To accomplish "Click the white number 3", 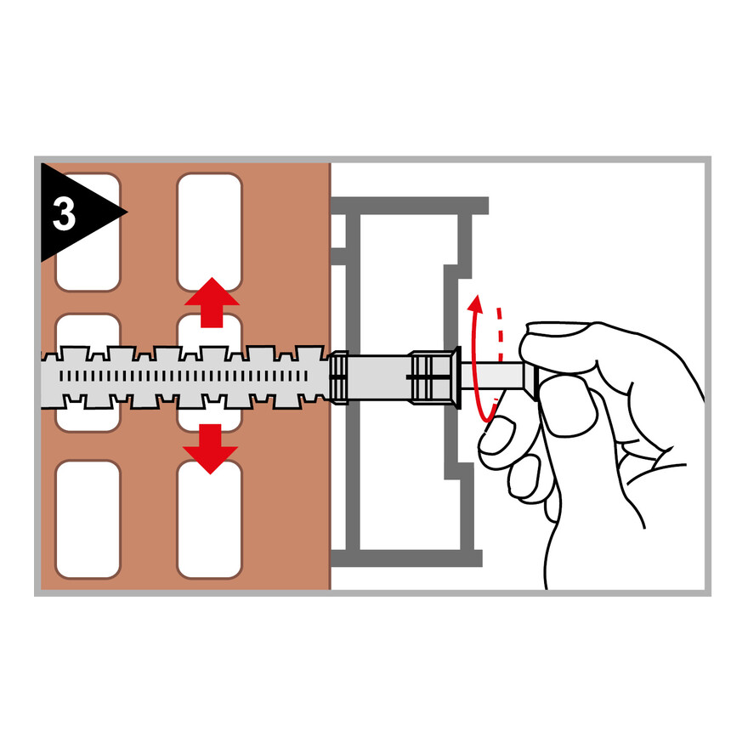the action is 64,213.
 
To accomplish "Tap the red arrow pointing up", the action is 212,302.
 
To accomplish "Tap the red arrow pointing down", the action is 211,449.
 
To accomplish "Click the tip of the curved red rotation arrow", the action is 476,296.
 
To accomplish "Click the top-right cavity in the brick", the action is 209,232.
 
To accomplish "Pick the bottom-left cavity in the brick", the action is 88,519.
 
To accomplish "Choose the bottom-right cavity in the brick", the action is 209,519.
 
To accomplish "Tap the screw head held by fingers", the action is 531,379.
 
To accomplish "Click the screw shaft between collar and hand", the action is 492,376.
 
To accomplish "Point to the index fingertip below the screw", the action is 496,434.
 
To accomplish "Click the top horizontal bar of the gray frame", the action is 410,206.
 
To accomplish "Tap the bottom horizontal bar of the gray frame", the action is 406,558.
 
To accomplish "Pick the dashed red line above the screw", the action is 500,334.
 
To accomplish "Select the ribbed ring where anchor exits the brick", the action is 338,377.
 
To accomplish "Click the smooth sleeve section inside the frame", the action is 379,377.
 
